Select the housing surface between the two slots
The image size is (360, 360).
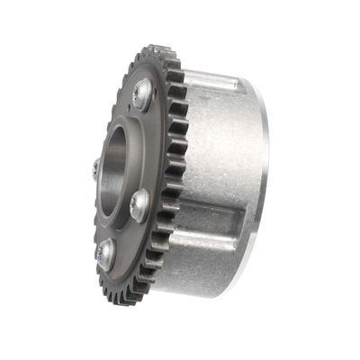[220, 162]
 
